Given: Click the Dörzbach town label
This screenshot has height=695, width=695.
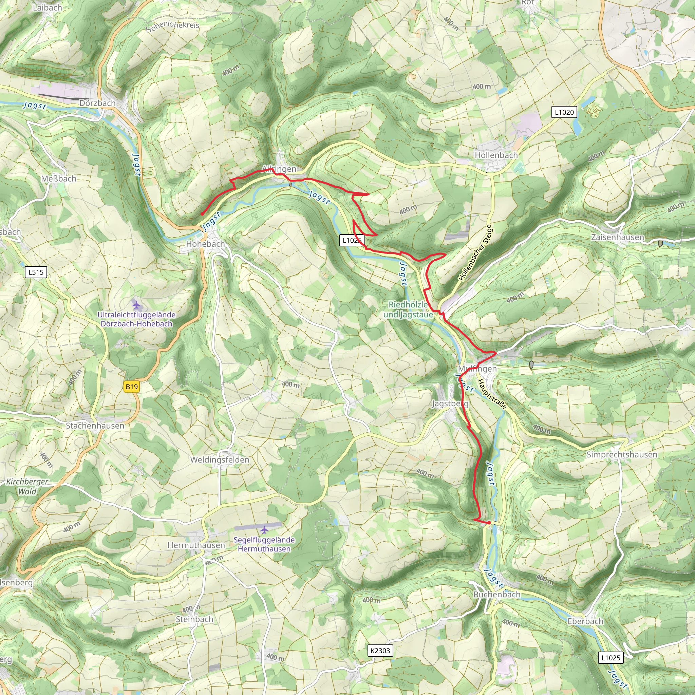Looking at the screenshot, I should [97, 103].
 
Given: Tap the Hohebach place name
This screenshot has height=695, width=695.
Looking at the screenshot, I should [205, 244].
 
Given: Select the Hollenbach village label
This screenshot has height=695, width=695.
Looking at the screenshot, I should [496, 155].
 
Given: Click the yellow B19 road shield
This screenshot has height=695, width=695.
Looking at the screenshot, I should [131, 387].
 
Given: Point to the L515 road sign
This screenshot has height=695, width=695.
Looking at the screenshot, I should [36, 272].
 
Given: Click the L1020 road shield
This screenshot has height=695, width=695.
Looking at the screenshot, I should [564, 112].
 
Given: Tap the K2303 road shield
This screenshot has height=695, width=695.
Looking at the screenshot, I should [380, 651].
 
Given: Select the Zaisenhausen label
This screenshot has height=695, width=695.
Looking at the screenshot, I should [618, 237].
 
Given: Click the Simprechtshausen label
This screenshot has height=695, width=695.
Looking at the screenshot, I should [622, 454].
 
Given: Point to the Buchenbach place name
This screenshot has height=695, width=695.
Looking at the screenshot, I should [497, 594].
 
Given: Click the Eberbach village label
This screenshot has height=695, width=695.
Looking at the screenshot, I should [585, 621].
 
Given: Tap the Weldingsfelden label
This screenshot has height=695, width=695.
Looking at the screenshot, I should [220, 460].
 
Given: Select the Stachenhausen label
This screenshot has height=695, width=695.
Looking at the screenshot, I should [95, 426].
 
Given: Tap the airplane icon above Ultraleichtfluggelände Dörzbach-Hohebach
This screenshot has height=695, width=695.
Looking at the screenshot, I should [136, 305].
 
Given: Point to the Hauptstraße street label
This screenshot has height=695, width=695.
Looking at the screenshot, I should [492, 394].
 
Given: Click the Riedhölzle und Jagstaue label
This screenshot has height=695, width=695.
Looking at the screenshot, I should [408, 309].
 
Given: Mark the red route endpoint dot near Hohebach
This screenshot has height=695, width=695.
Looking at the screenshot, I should [203, 214].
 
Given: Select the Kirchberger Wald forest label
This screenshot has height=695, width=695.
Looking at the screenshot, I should [27, 486].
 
